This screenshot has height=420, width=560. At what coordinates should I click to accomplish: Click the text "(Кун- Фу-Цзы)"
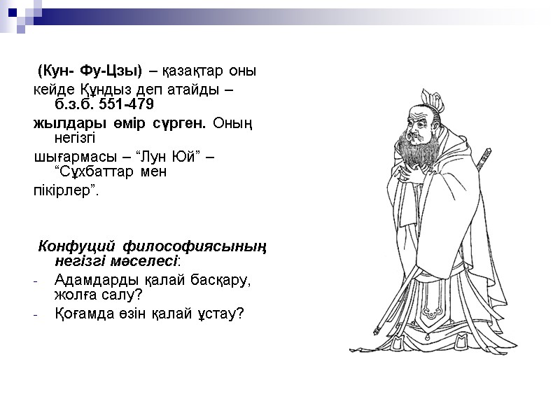(90, 71)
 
